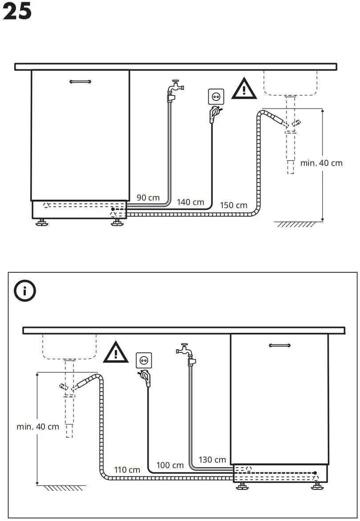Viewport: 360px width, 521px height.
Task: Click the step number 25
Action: pos(17,12)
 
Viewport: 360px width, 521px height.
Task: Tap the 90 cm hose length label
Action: pos(148,198)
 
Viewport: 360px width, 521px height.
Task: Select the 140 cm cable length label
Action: pos(190,202)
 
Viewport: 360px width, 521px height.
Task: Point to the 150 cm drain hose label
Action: pos(234,205)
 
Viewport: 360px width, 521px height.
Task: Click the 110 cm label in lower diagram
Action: pos(127,469)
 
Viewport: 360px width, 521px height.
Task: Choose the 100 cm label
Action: pos(170,465)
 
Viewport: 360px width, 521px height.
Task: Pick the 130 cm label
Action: pos(212,460)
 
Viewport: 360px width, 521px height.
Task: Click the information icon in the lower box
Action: pos(25,292)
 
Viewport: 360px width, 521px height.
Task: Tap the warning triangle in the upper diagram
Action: pos(243,89)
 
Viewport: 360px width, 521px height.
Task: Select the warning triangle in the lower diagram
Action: pos(116,352)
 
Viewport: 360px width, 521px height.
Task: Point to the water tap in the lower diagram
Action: pos(186,351)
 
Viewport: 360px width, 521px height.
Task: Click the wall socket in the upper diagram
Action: pos(216,96)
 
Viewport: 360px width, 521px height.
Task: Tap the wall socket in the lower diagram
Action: pos(143,359)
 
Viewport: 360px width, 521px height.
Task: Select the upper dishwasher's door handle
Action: pos(81,81)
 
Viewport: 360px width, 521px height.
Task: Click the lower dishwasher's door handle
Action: pos(279,345)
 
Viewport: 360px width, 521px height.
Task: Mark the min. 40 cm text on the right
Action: pos(321,163)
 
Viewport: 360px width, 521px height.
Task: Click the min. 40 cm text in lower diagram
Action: pos(38,427)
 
